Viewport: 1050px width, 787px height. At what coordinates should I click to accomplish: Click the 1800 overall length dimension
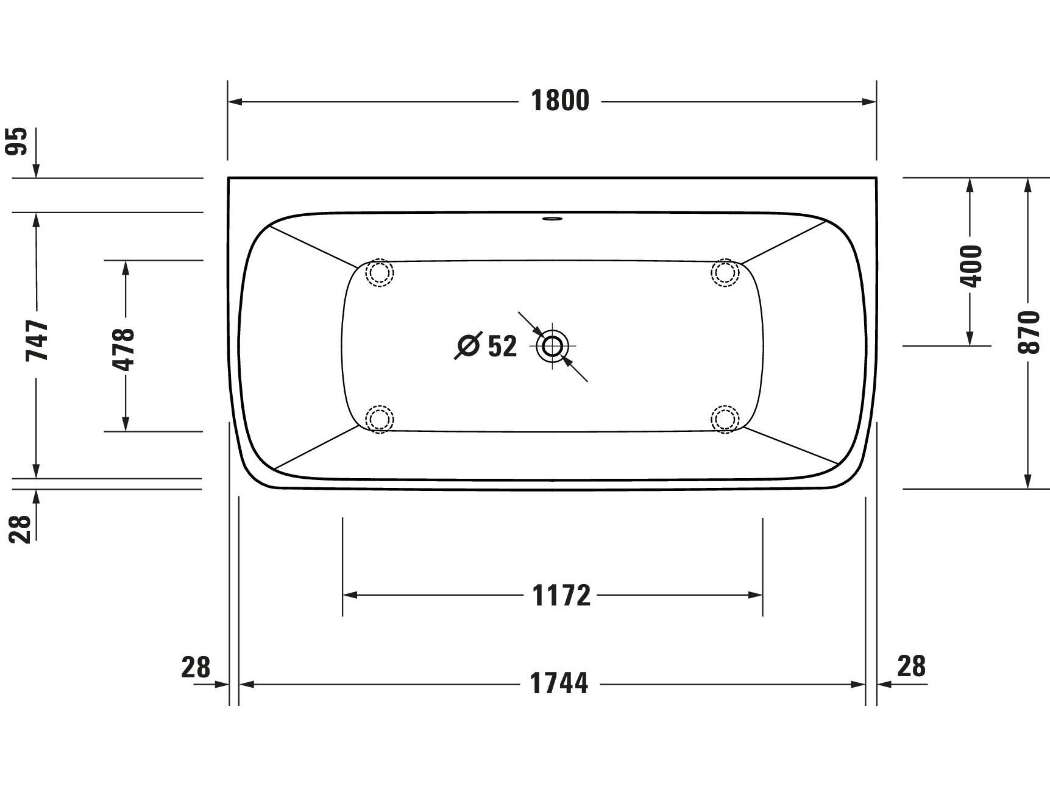560,101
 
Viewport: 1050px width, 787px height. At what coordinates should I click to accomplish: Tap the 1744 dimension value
559,683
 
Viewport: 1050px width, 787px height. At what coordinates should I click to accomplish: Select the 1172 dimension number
561,595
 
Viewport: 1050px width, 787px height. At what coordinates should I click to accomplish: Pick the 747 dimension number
37,341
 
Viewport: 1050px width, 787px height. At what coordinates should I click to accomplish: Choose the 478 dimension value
125,349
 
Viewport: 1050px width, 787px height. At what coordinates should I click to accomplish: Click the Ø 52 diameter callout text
487,347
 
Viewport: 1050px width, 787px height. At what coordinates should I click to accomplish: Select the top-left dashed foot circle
379,272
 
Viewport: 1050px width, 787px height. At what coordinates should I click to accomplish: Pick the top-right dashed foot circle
725,272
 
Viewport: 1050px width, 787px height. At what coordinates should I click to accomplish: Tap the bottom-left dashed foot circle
379,419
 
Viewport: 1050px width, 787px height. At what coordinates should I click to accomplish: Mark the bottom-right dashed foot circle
725,419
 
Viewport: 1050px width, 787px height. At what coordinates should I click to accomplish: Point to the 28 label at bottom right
911,666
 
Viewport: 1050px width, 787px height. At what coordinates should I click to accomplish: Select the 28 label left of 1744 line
196,667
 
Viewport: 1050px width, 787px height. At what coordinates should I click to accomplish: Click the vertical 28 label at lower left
20,529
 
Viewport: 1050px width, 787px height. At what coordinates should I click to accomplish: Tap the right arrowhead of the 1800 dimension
870,102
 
